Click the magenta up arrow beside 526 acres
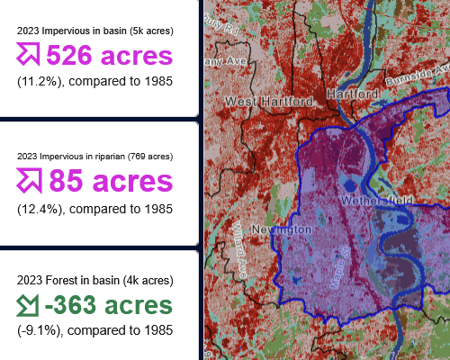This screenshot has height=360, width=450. (x=29, y=56)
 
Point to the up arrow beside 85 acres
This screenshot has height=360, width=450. (x=29, y=182)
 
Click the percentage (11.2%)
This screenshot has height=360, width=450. (x=39, y=81)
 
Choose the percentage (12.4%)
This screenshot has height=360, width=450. (x=39, y=208)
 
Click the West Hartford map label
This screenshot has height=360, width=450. (x=269, y=101)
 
